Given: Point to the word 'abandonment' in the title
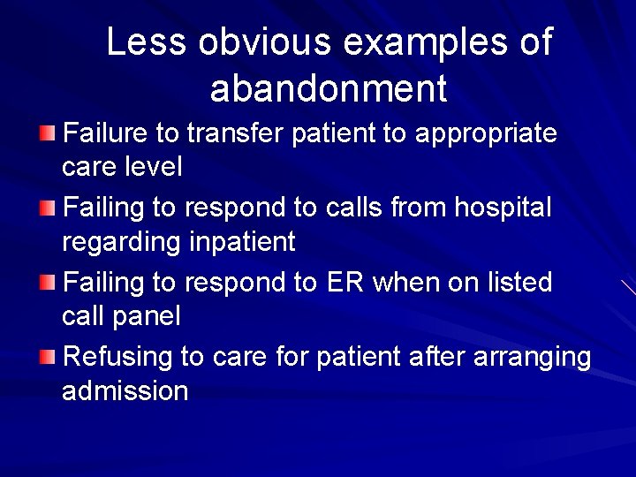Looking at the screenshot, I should click(x=329, y=89).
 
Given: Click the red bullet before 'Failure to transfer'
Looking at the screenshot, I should click(x=47, y=133).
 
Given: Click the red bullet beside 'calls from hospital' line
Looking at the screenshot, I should click(x=47, y=208).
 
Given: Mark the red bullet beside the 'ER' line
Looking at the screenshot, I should click(x=47, y=283).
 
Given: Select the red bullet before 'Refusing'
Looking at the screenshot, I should click(x=47, y=358).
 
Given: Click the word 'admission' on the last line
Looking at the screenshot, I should click(x=125, y=391).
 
